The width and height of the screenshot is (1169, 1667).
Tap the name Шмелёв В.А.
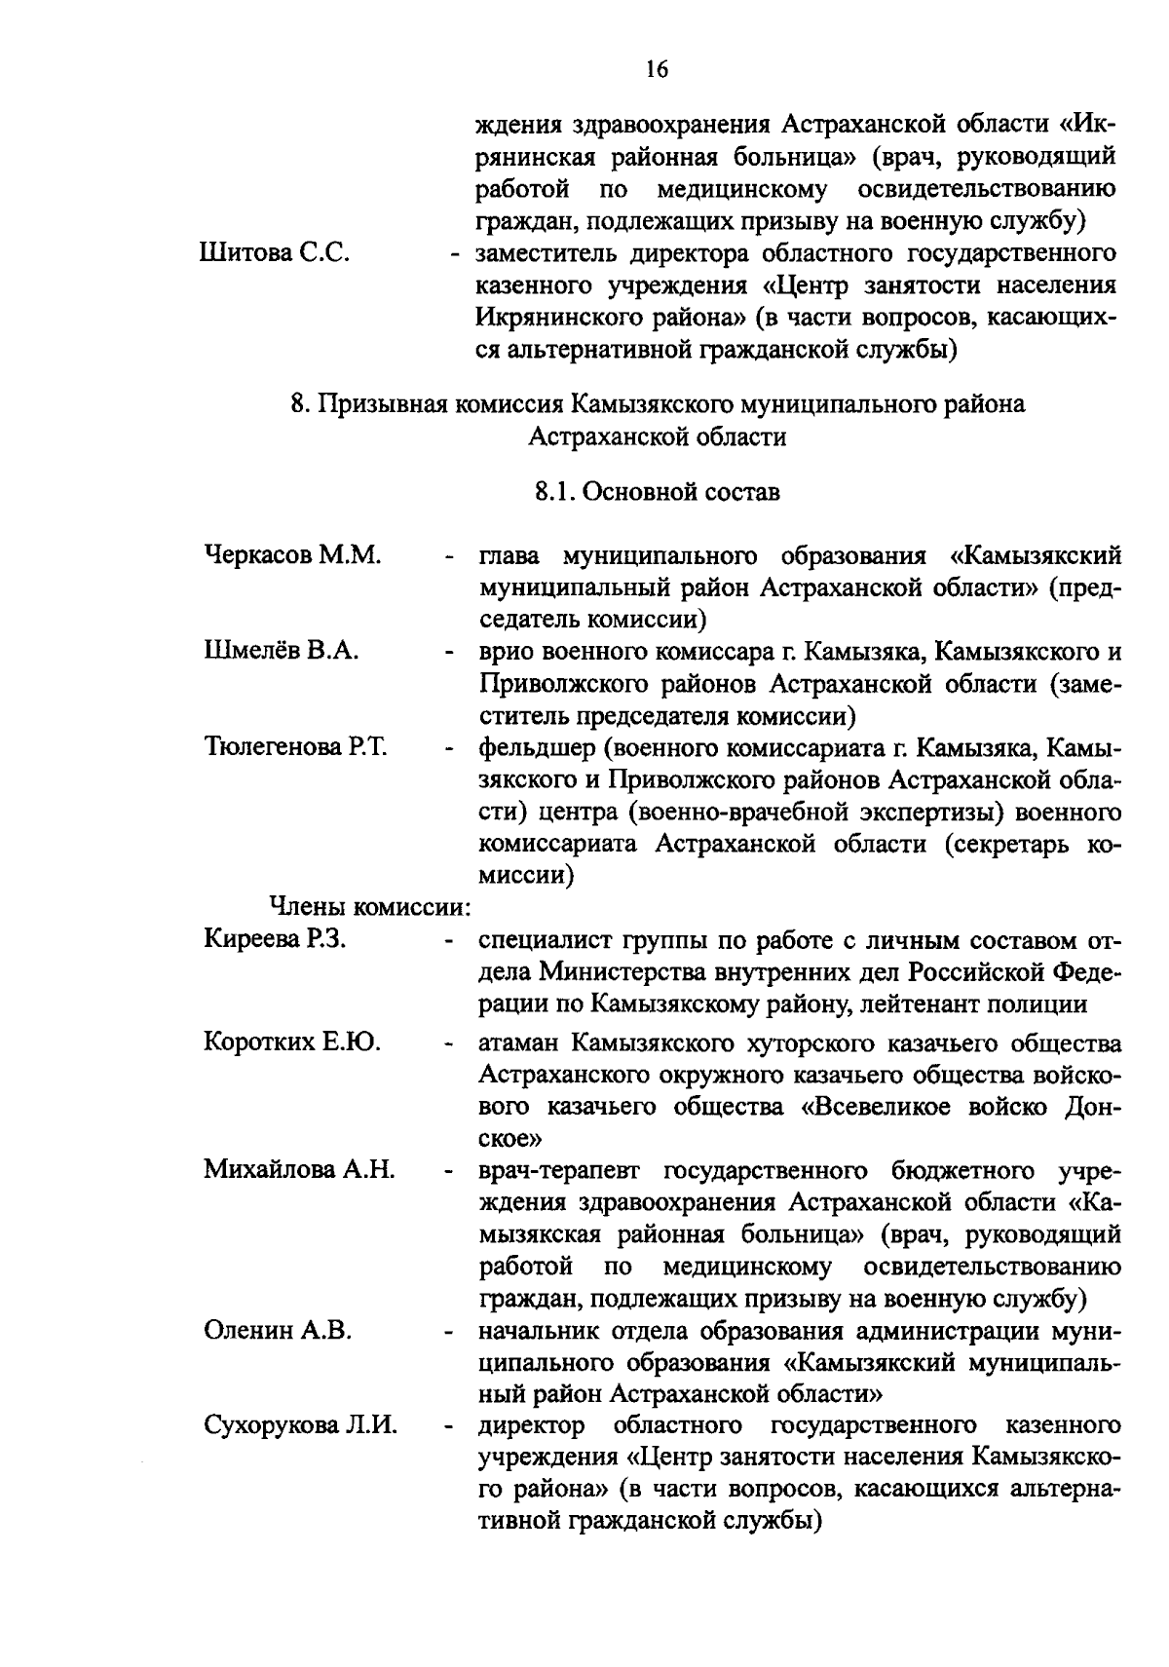click(282, 651)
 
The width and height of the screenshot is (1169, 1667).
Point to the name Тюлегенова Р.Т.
click(295, 747)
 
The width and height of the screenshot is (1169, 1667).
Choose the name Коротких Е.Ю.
click(291, 1042)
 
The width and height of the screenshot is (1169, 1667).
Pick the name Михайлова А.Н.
click(298, 1169)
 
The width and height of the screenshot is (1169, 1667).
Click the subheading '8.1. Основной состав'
click(658, 492)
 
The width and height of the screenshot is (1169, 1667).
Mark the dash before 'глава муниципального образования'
click(450, 558)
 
